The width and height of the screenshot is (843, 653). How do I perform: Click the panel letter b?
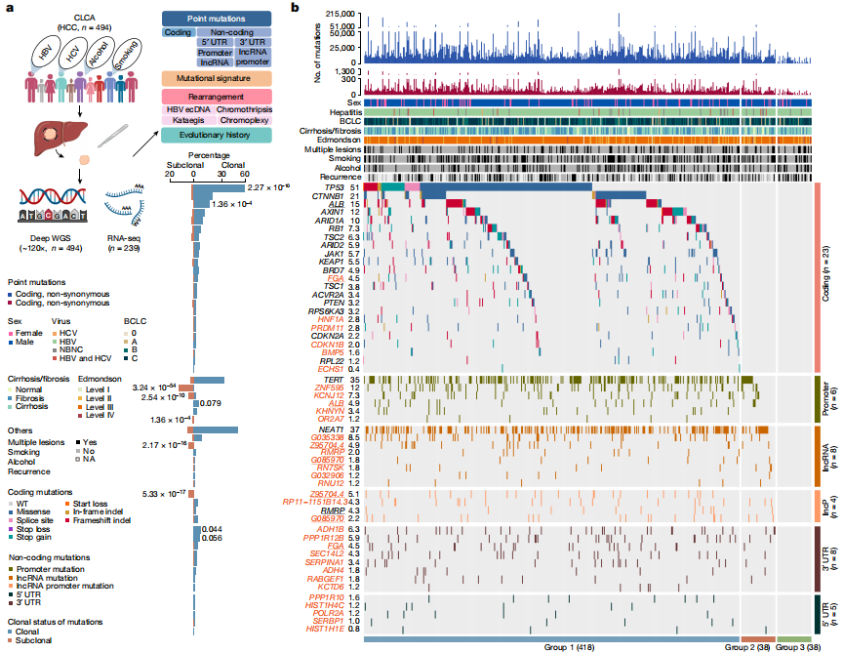[296, 8]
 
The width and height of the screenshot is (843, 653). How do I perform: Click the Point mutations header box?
[217, 19]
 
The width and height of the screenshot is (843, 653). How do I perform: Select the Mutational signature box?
[217, 77]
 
